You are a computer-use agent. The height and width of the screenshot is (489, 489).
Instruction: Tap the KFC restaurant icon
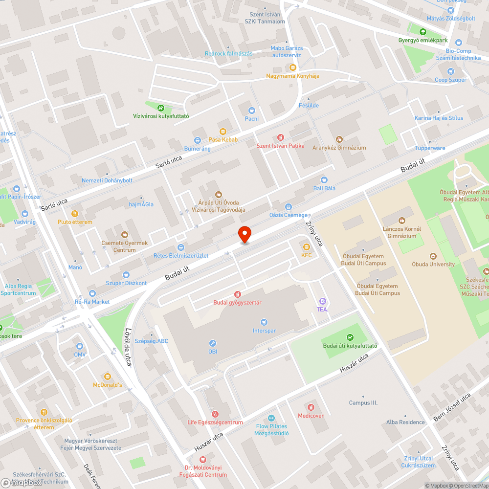tap(307, 247)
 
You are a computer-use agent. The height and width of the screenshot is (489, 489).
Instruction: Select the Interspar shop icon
tap(264, 322)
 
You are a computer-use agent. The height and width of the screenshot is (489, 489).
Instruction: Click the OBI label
tap(212, 351)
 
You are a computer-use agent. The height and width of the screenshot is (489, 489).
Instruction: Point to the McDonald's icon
tap(108, 377)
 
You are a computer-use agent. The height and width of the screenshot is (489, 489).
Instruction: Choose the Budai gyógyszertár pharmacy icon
tap(237, 294)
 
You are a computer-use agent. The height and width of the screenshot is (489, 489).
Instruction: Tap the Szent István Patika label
tap(280, 146)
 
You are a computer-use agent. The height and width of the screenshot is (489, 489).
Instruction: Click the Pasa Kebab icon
tap(223, 131)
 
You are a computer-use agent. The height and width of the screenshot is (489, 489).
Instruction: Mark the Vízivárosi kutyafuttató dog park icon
tap(161, 108)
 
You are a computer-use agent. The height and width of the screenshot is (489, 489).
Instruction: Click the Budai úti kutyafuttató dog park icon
tap(350, 337)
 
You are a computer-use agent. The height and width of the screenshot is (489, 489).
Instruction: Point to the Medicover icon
tap(311, 407)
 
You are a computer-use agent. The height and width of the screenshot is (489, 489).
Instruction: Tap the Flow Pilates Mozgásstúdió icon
tap(272, 418)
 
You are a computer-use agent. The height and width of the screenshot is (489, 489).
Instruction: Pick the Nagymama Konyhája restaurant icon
tap(292, 67)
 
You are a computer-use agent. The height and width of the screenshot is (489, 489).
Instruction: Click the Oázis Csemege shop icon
tap(289, 207)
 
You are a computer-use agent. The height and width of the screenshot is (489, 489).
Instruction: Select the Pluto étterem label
tap(75, 222)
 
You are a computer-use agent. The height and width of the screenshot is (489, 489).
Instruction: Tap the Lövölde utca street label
tap(130, 348)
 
